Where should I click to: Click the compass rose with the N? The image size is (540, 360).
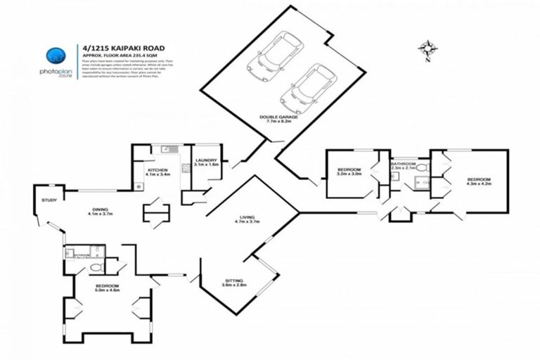[426, 49]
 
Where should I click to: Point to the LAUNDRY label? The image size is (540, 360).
[206, 161]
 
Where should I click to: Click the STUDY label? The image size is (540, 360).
[49, 200]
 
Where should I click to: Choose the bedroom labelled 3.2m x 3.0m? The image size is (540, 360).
[349, 172]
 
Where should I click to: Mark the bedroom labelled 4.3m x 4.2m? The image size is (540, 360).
[478, 181]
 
